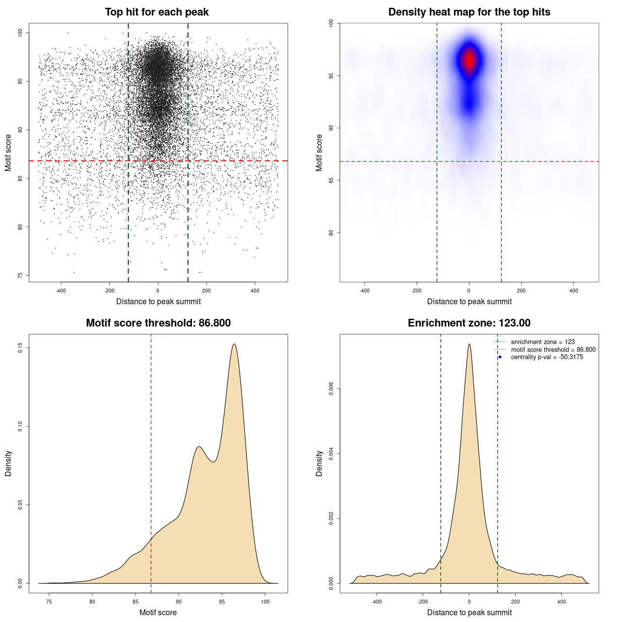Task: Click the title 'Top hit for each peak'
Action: tap(157, 12)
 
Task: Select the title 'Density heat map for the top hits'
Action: tap(469, 12)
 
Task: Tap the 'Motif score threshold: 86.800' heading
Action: tap(158, 323)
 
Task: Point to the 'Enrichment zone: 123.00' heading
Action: tap(469, 323)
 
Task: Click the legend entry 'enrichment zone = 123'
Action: tap(543, 342)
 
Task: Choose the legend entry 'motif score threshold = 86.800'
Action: tap(553, 349)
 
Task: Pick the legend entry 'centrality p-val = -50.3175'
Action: tap(547, 357)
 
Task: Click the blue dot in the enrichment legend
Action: tap(500, 357)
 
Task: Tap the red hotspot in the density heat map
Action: tap(469, 61)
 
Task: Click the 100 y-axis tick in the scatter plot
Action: tap(20, 33)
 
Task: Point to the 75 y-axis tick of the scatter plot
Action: tap(20, 275)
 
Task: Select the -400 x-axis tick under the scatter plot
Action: tap(61, 291)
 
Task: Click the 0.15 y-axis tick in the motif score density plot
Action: tap(20, 348)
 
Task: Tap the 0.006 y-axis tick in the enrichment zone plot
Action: tap(331, 389)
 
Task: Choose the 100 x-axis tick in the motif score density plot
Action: tap(265, 602)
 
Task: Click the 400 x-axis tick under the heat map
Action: tap(573, 291)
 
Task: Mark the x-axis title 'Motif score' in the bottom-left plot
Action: tap(158, 612)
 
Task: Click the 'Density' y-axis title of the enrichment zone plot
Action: tap(319, 463)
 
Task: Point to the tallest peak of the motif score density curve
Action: tap(234, 345)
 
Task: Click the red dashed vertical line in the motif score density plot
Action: tap(151, 462)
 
